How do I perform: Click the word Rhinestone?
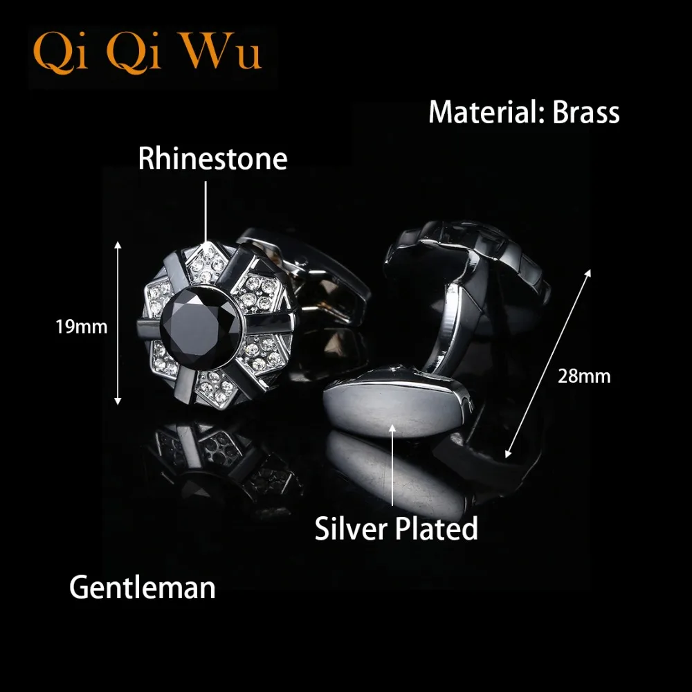(212, 158)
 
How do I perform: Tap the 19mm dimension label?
(82, 326)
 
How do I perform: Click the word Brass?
(585, 112)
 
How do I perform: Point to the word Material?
(484, 112)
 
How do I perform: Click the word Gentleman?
(143, 588)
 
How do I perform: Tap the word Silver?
(350, 529)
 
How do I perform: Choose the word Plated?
(437, 529)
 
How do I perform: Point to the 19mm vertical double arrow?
(118, 322)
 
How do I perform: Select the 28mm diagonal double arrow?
(549, 363)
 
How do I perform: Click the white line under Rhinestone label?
(206, 208)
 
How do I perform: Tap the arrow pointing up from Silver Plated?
(392, 464)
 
